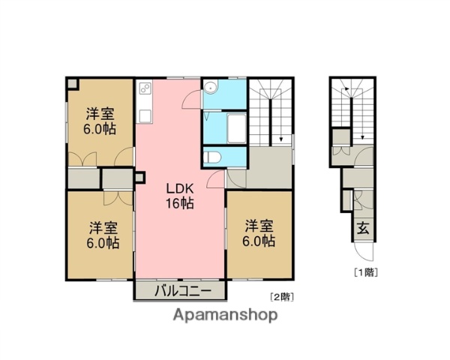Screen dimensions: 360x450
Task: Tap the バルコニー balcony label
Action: [x=180, y=291]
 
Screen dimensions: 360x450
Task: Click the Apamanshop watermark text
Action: [x=225, y=315]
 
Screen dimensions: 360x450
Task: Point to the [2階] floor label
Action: [x=281, y=295]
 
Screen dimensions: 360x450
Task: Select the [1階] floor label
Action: [x=365, y=271]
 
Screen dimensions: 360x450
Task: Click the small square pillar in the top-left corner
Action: [x=71, y=83]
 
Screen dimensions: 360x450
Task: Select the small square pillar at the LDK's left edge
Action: [x=138, y=178]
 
